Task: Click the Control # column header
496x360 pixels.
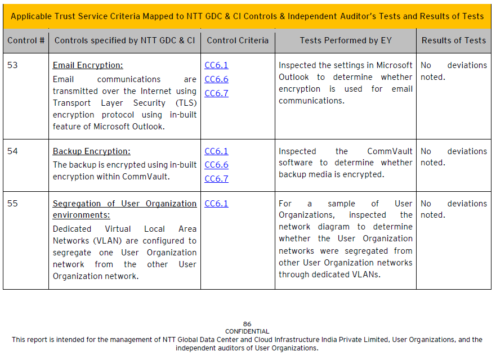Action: [26, 40]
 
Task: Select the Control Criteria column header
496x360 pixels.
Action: [238, 40]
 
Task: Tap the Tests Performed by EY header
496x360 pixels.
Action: [346, 40]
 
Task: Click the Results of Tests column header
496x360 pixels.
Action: [453, 40]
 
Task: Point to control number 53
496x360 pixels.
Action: [12, 65]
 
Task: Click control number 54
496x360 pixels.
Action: [12, 151]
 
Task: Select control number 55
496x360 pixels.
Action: [12, 204]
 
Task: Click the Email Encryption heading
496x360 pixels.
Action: [88, 65]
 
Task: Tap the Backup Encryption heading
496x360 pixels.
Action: [91, 151]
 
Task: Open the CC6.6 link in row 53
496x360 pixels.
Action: [216, 79]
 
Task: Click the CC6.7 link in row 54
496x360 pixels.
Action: [216, 179]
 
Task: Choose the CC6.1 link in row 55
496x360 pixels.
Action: [216, 204]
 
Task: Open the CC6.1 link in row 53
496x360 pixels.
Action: [216, 66]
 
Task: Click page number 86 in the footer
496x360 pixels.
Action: [247, 324]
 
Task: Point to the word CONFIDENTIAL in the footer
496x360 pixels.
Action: [247, 331]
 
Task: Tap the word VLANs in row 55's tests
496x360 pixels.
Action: [365, 274]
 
